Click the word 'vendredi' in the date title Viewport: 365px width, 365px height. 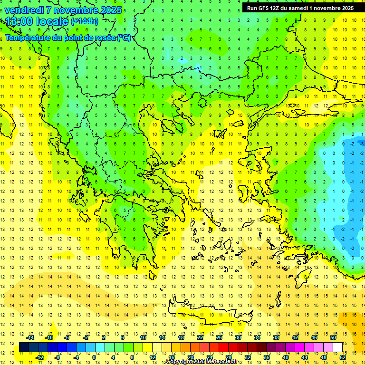point(25,10)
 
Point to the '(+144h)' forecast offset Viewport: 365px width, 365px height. point(85,21)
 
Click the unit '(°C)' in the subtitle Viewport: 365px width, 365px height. point(124,38)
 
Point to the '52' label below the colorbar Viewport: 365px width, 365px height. point(342,357)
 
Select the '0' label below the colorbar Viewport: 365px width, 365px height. point(94,357)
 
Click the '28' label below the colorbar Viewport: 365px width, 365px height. point(228,357)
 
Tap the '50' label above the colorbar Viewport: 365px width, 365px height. point(333,337)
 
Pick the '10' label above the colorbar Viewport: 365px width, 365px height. point(143,337)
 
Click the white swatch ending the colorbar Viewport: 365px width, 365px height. point(337,347)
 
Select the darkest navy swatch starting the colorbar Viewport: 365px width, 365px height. point(24,347)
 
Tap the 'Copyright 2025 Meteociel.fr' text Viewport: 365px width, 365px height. point(202,362)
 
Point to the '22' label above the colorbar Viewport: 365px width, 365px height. point(200,337)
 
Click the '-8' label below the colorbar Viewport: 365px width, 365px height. point(58,357)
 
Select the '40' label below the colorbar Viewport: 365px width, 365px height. point(285,357)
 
